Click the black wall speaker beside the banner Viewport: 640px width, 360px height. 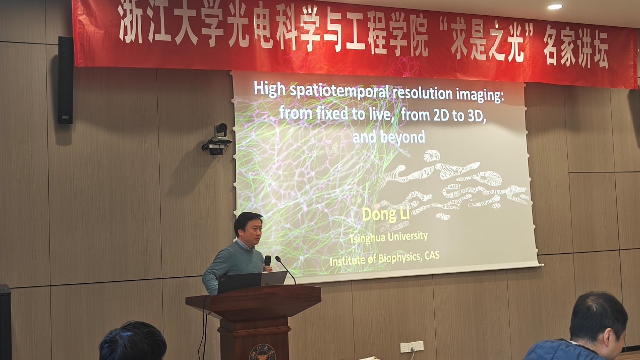(66, 80)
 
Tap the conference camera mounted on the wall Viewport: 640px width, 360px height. (218, 139)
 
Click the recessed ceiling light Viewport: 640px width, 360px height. (555, 6)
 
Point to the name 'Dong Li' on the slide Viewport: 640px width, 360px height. (386, 215)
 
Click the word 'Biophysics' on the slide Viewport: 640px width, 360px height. (400, 258)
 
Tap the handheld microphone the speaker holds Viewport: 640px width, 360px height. (267, 262)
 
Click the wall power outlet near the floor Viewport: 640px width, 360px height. (412, 346)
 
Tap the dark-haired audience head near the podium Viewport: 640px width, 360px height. (133, 341)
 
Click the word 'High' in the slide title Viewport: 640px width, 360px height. (269, 89)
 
